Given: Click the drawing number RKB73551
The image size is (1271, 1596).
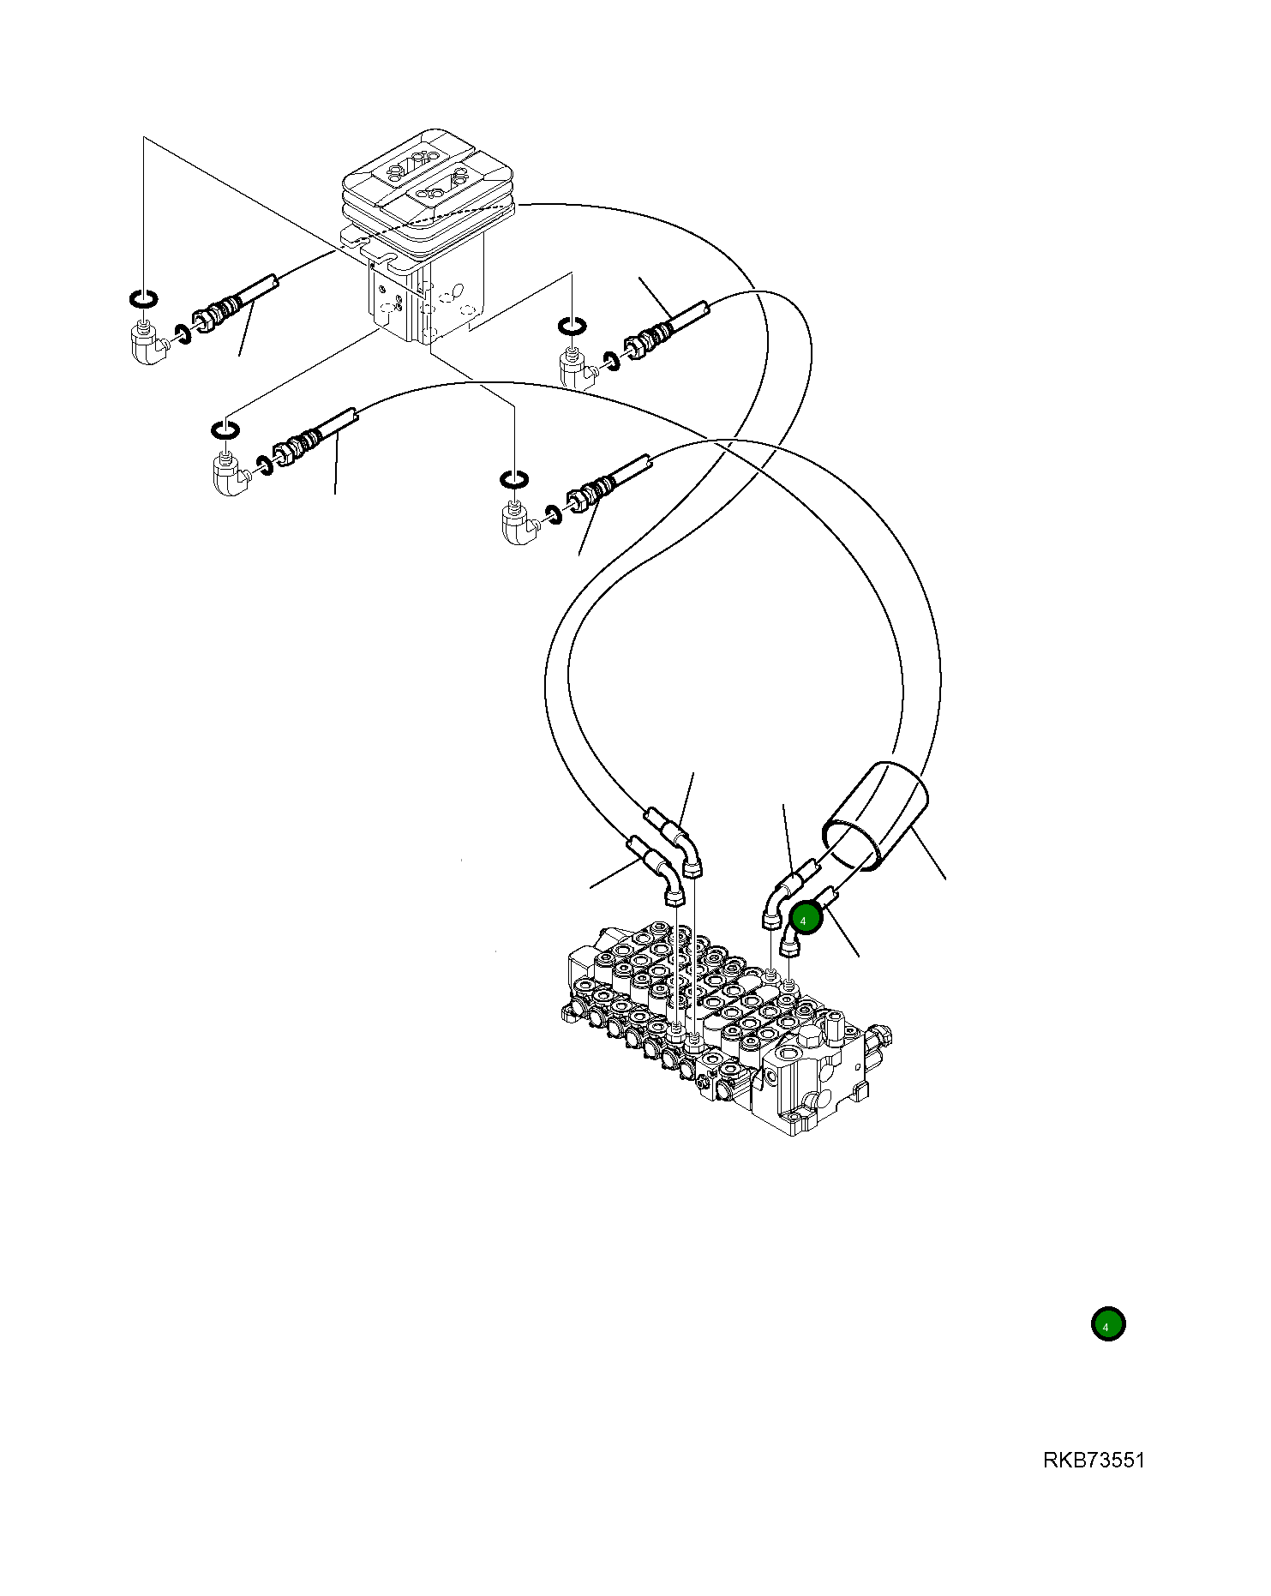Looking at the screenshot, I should coord(1094,1461).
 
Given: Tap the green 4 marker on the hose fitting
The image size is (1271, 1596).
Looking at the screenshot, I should coord(805,920).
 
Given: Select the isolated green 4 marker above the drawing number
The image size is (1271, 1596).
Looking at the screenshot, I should coord(1107,1324).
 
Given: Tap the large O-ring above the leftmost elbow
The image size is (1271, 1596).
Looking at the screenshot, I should coord(143,298).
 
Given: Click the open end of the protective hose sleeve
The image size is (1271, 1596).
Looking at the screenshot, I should coord(851,845).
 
